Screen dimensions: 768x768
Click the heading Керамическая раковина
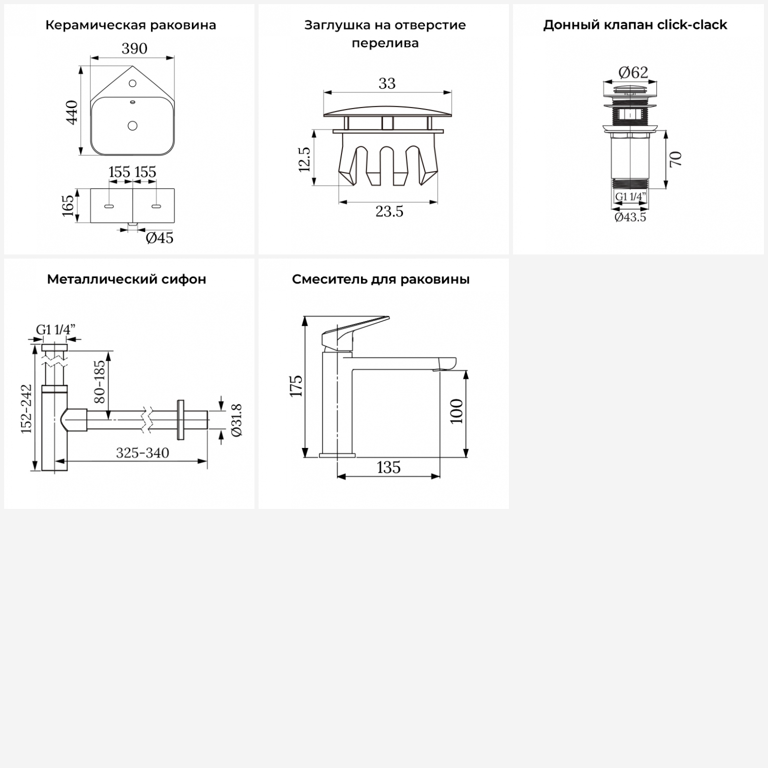tap(131, 25)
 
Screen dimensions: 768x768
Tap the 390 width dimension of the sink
tap(134, 49)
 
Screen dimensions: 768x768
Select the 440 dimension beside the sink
tap(72, 112)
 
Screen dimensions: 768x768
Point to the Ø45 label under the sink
tap(159, 238)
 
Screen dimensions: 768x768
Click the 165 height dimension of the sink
tap(68, 205)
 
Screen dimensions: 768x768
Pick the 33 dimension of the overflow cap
tap(387, 83)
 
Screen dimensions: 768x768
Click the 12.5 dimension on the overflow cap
tap(304, 159)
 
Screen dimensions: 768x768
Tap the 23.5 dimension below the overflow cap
tap(389, 211)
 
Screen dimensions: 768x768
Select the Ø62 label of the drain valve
tap(633, 73)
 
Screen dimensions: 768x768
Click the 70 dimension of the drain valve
tap(675, 159)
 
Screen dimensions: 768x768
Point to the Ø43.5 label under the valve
tap(630, 217)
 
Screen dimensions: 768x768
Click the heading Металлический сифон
tap(126, 280)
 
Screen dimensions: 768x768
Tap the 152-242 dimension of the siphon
tap(27, 409)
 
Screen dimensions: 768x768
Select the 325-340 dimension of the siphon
tap(142, 453)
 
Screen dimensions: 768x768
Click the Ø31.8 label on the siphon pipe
tap(237, 420)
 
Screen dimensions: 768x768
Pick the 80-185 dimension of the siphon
tap(100, 381)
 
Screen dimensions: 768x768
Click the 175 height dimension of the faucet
tap(296, 386)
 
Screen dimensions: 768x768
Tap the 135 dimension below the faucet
tap(389, 468)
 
